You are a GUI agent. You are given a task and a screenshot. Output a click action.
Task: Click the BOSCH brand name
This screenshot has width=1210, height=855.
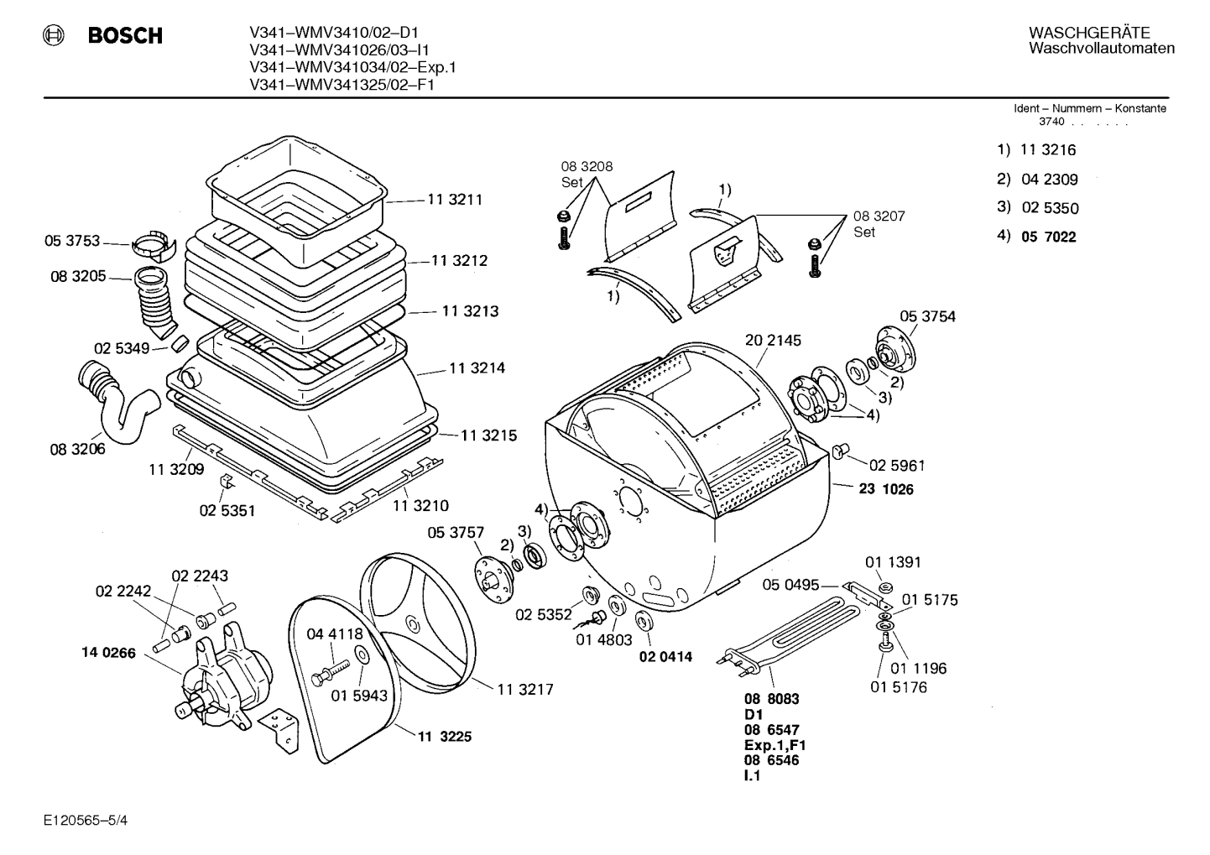[125, 35]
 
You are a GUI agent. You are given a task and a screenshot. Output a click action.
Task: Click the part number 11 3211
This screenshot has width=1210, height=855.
[455, 200]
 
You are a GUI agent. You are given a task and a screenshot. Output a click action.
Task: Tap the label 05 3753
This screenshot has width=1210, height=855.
[72, 241]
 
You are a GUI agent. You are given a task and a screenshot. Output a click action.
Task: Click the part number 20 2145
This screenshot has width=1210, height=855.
[773, 341]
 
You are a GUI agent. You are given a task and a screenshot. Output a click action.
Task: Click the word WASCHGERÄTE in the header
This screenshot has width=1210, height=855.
[1089, 33]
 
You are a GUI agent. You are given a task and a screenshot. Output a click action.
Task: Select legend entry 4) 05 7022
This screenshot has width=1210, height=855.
[1036, 237]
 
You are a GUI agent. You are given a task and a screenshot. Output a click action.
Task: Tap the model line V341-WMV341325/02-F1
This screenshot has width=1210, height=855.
[342, 85]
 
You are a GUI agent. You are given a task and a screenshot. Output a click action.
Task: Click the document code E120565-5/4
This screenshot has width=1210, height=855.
[86, 821]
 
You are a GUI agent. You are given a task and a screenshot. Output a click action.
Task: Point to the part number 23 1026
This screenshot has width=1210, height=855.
[886, 489]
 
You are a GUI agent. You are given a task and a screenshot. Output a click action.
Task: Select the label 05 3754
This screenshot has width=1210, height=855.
[927, 316]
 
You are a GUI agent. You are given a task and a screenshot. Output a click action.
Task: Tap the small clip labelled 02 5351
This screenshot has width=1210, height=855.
[227, 482]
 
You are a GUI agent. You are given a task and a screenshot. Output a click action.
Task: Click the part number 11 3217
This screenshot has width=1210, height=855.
[525, 690]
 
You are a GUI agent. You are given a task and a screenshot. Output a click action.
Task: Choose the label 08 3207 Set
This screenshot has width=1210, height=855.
[879, 224]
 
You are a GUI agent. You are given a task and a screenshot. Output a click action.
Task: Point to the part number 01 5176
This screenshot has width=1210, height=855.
[899, 687]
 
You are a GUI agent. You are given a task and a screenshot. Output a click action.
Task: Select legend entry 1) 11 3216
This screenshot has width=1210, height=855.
[1036, 149]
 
